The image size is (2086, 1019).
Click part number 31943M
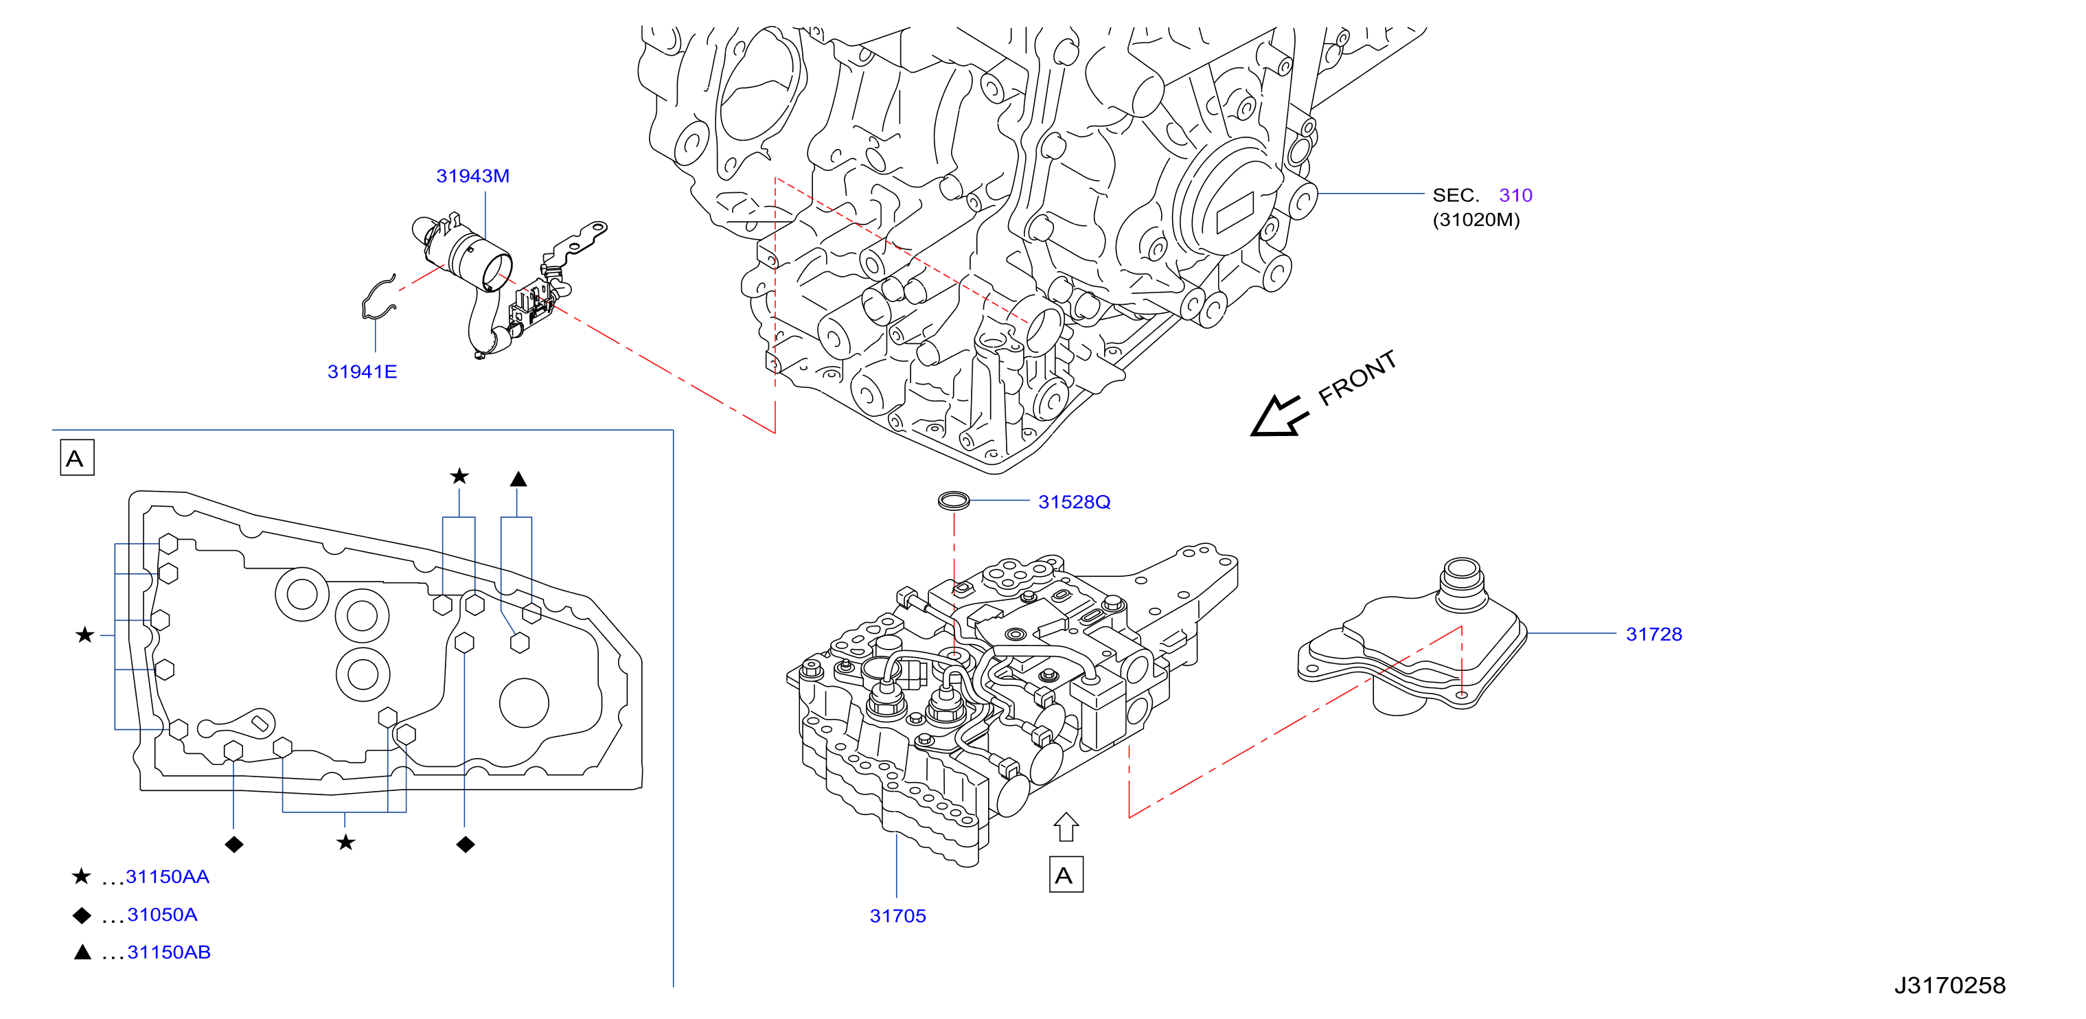coord(473,176)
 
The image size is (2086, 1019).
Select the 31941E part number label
coord(362,371)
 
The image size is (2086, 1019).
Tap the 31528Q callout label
coord(1074,502)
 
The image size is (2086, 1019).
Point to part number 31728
coord(1653,634)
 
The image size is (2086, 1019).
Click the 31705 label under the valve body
coord(897,916)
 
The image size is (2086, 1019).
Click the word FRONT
coord(1357,378)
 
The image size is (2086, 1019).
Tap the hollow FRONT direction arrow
coord(1278,416)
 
